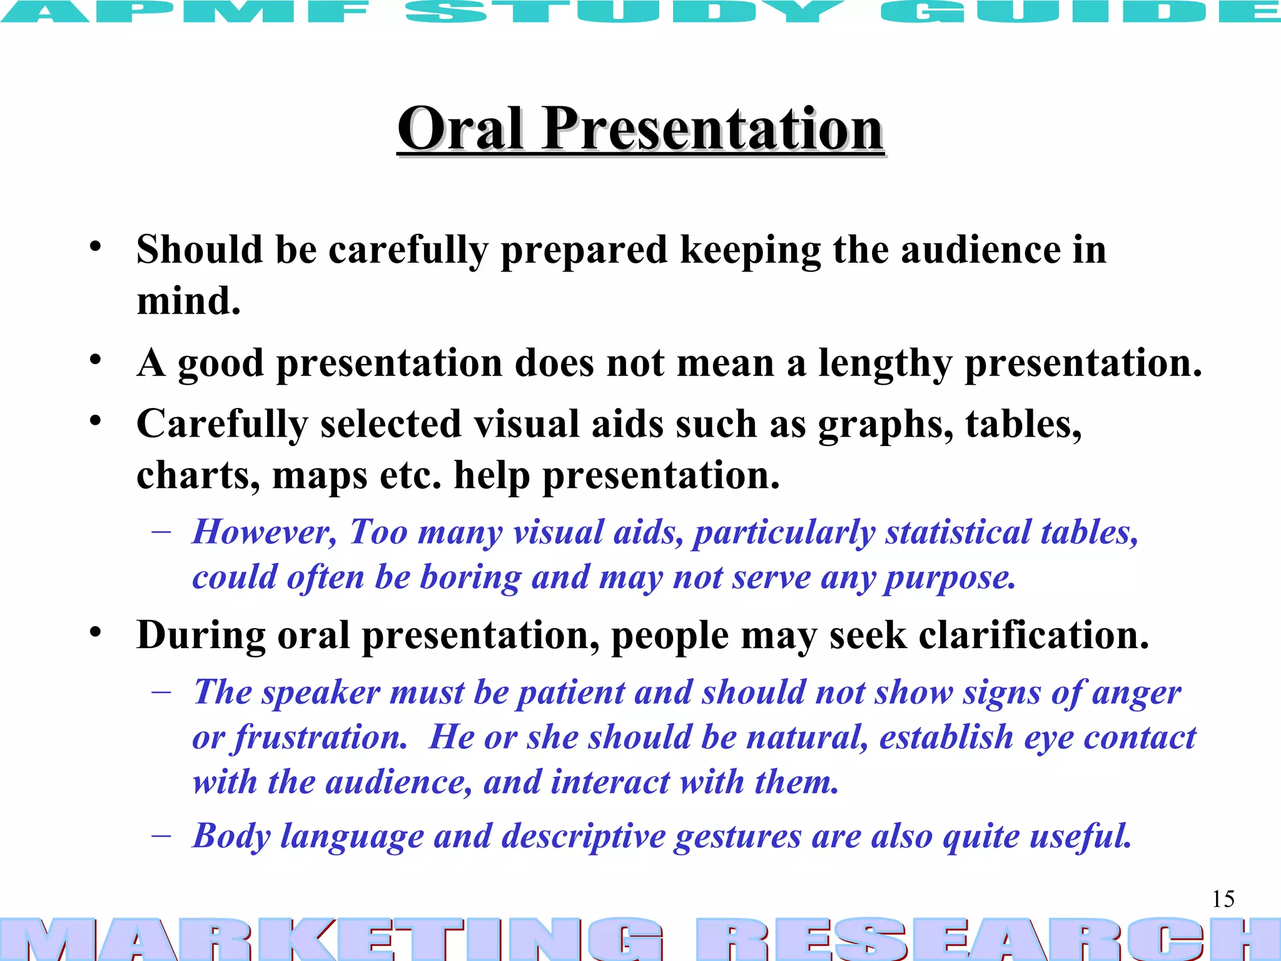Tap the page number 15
tap(1223, 899)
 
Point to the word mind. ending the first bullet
tap(188, 301)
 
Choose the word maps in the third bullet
tap(319, 475)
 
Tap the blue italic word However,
tap(265, 532)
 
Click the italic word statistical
tap(957, 532)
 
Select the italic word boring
tap(470, 577)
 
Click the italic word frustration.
tap(321, 738)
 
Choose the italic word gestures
tap(737, 836)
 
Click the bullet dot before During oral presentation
tap(95, 632)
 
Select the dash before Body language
tap(161, 836)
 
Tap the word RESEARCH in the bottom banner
tap(988, 938)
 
